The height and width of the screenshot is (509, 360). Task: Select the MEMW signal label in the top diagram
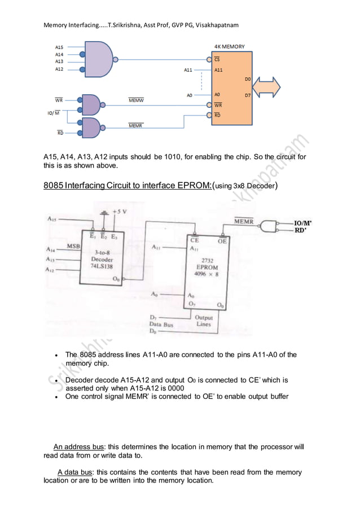[x=136, y=100]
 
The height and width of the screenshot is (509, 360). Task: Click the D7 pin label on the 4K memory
[x=248, y=95]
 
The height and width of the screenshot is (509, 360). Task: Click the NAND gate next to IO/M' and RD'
[x=269, y=226]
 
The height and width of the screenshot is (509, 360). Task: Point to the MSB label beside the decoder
[x=73, y=246]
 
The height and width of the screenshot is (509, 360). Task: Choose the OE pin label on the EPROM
[x=222, y=240]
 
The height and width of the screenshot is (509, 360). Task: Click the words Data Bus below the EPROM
[x=161, y=324]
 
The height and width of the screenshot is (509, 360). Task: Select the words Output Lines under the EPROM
[x=204, y=321]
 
